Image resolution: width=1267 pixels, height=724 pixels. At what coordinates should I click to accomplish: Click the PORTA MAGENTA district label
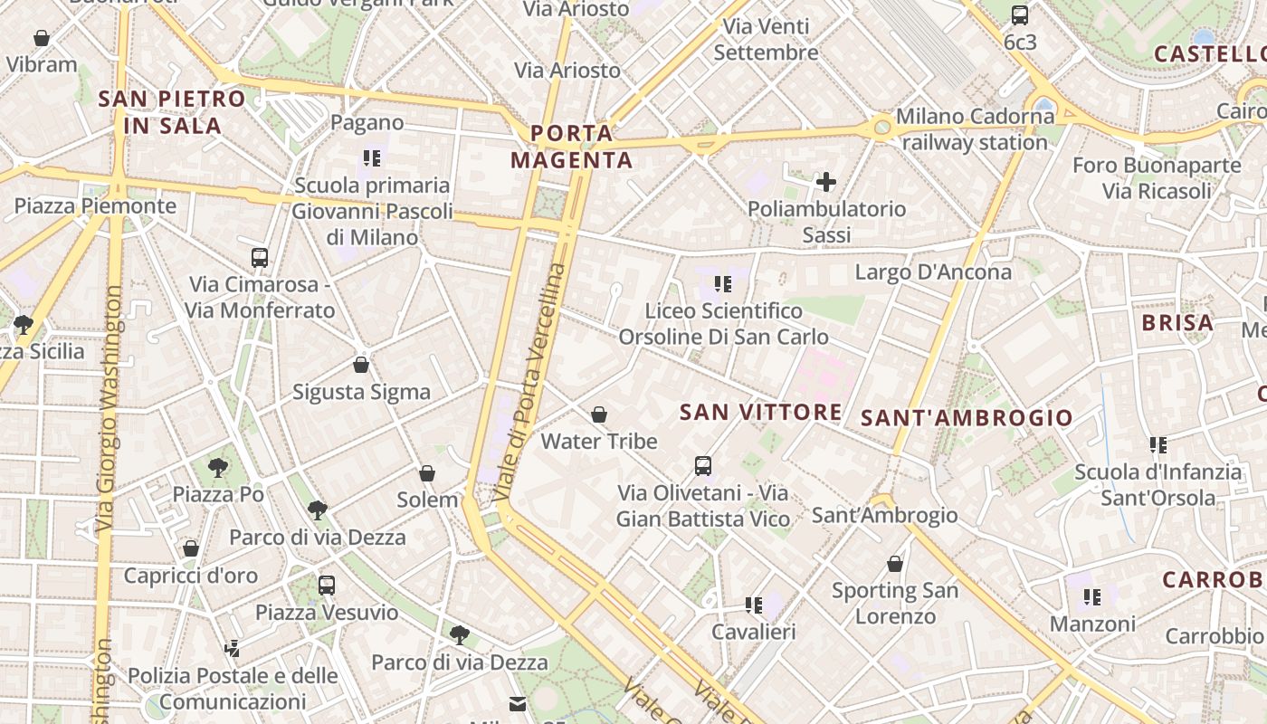coord(572,147)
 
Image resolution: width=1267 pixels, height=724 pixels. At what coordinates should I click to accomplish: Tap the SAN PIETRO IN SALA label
coord(172,112)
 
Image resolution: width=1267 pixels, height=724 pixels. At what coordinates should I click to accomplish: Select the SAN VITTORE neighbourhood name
coord(760,413)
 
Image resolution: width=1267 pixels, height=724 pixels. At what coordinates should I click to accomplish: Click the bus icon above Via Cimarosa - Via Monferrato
coord(260,257)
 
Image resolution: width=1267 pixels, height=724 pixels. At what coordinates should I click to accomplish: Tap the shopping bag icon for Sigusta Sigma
coord(361,365)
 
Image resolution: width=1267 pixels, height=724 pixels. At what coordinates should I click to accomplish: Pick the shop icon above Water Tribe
coord(598,414)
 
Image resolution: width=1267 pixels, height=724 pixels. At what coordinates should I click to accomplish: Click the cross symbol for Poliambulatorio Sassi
coord(825,182)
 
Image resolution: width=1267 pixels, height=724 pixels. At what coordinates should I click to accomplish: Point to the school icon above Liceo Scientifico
coord(722,284)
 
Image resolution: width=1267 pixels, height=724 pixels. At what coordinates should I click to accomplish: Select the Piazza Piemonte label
coord(95,205)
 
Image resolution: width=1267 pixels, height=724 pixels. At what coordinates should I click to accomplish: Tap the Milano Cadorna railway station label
coord(975,129)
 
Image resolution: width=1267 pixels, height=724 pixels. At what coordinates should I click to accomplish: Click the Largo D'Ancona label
coord(933,271)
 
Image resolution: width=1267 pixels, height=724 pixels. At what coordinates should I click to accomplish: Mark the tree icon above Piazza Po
coord(218,467)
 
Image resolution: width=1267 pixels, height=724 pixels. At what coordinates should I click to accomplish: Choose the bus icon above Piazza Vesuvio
coord(327,585)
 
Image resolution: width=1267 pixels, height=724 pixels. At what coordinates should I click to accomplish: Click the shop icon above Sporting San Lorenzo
coord(895,564)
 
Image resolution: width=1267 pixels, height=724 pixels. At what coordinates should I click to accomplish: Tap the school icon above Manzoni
coord(1092,596)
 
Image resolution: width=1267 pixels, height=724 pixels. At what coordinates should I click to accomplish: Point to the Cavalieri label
coord(754,632)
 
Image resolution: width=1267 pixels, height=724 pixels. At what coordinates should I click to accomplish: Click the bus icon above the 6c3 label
coord(1020,14)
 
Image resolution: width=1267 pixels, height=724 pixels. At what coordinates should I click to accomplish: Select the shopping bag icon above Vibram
coord(42,38)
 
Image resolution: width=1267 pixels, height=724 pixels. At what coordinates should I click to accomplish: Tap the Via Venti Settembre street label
coord(766,40)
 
